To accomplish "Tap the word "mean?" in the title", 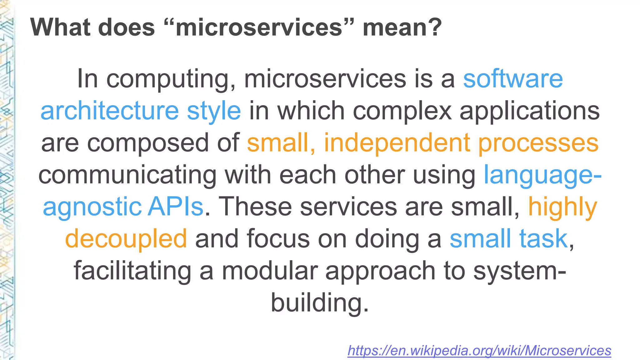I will pos(402,27).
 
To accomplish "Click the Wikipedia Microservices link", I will pos(479,351).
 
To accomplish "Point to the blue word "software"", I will pos(513,79).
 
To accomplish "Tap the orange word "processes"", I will pos(538,143).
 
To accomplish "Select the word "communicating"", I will pos(127,175).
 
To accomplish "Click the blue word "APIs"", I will pos(176,207).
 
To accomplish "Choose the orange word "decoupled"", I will pos(126,239).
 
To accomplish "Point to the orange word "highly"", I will pos(562,207).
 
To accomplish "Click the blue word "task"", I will pos(543,238).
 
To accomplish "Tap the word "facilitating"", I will pos(132,271).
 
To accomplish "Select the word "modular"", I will pos(270,271).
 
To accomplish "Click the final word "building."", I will pos(319,303).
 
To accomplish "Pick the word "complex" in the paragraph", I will pos(402,111).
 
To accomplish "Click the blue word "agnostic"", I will pos(92,207).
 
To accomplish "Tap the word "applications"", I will pos(529,111).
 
